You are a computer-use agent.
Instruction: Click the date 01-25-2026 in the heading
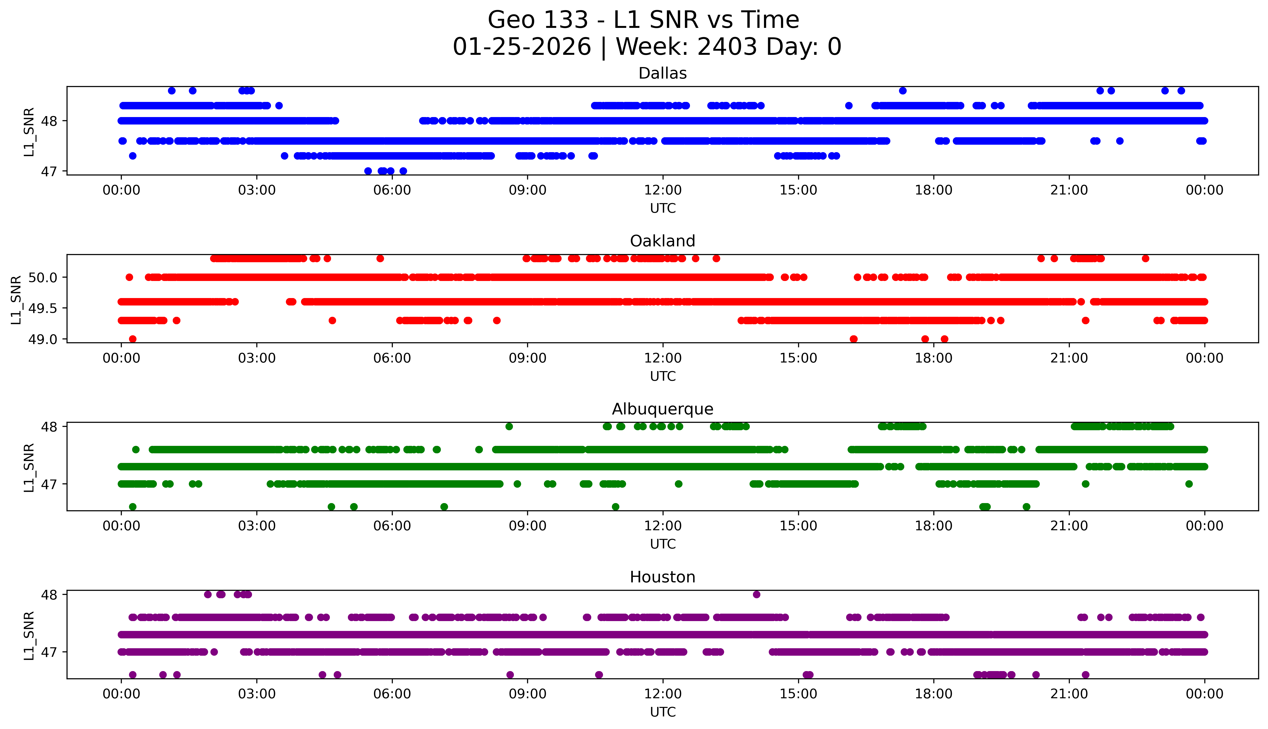coord(522,47)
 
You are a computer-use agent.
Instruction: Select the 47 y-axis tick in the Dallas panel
coord(49,171)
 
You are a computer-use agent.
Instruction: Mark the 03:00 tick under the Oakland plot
coord(257,358)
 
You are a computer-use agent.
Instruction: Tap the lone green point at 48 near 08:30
coord(509,427)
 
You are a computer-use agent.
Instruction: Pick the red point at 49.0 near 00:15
coord(133,339)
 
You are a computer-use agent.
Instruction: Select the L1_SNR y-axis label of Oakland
coord(16,299)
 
